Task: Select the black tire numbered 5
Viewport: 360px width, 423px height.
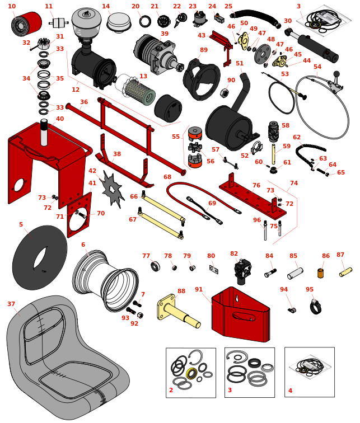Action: pos(39,258)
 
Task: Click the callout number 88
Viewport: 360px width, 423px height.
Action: pos(181,291)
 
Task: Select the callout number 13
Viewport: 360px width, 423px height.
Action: pos(143,76)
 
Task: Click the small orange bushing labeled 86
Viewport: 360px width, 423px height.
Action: pos(321,273)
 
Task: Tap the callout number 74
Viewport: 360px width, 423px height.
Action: pos(294,183)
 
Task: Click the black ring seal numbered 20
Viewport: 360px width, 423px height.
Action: pos(145,22)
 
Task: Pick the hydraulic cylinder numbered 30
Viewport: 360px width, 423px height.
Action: pos(317,45)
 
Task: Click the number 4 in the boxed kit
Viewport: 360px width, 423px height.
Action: pos(290,391)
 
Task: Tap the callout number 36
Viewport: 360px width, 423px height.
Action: pos(84,102)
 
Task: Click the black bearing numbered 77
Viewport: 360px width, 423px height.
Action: pos(156,266)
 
